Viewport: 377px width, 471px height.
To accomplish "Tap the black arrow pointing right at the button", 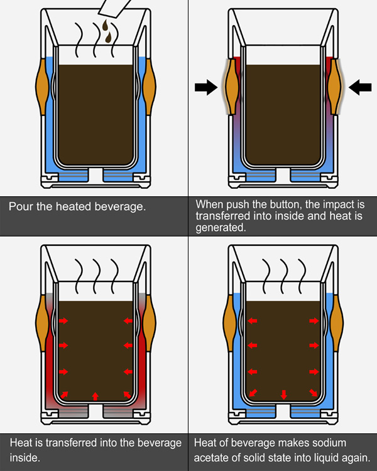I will [x=205, y=88].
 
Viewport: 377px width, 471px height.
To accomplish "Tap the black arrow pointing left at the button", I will [x=359, y=88].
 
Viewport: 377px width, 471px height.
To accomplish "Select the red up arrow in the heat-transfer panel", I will [x=95, y=395].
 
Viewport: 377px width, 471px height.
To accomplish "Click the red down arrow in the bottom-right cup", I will [x=283, y=394].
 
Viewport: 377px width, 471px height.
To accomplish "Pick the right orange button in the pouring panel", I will [x=148, y=84].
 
